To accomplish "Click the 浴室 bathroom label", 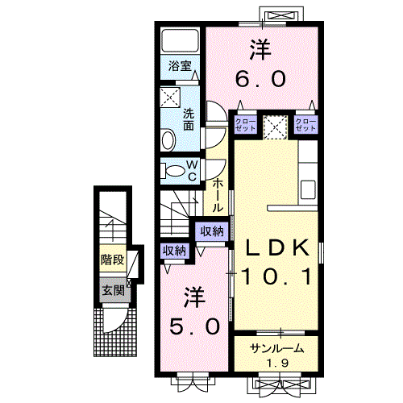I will [x=179, y=67].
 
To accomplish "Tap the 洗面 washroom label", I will [x=188, y=119].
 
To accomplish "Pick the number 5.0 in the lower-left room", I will [x=193, y=326].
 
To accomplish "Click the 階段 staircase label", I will [x=113, y=260].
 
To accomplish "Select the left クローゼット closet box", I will [x=246, y=124].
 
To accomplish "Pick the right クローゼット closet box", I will [x=305, y=124].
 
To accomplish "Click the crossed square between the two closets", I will [x=275, y=126].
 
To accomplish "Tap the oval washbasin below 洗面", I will [x=168, y=140].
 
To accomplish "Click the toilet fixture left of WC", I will [x=172, y=170].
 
